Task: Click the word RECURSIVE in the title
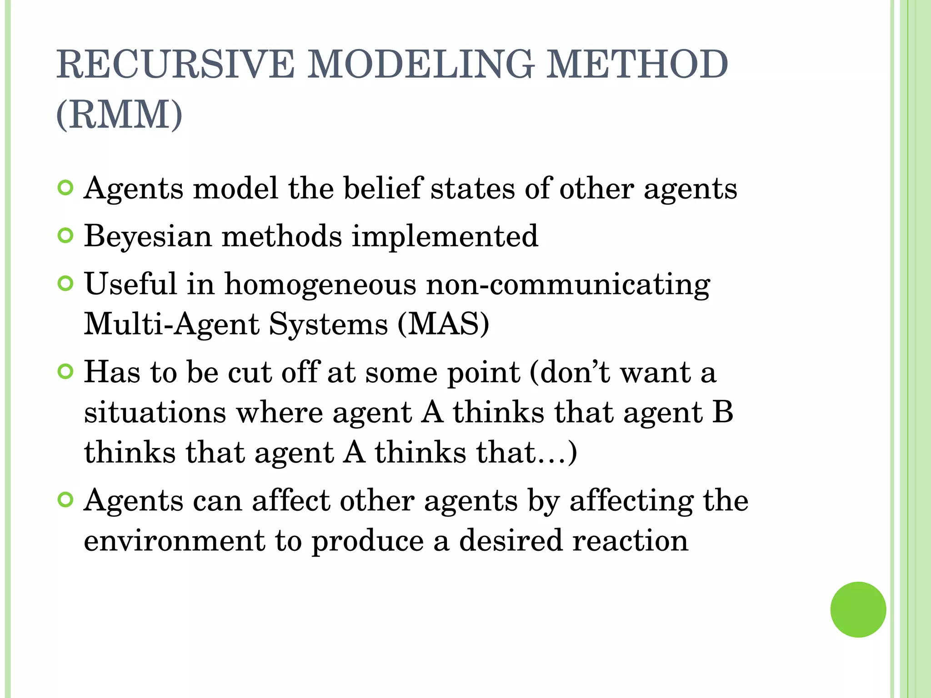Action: pos(175,65)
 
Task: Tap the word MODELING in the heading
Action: pos(420,65)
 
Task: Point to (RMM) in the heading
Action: pos(119,115)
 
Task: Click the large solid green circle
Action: pos(858,609)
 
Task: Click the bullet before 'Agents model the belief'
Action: pos(66,187)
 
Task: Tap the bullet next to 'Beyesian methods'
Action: pos(66,235)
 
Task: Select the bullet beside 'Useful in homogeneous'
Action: pos(66,284)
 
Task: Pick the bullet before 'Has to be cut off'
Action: pos(66,372)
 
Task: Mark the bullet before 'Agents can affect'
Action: pos(66,500)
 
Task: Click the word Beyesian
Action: pos(148,236)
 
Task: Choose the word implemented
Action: pos(445,236)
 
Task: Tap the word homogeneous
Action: pos(320,284)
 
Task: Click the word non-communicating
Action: pos(568,285)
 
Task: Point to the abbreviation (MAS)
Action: pos(443,324)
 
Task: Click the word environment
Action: pos(174,541)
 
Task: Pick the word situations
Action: pos(155,413)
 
